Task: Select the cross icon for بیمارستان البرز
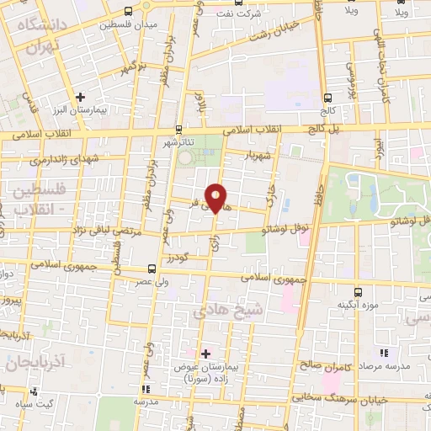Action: pos(81,97)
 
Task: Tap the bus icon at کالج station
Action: pos(327,98)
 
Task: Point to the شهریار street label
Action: pos(254,156)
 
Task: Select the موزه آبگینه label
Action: pos(358,304)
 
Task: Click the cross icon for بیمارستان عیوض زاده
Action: pos(205,354)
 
